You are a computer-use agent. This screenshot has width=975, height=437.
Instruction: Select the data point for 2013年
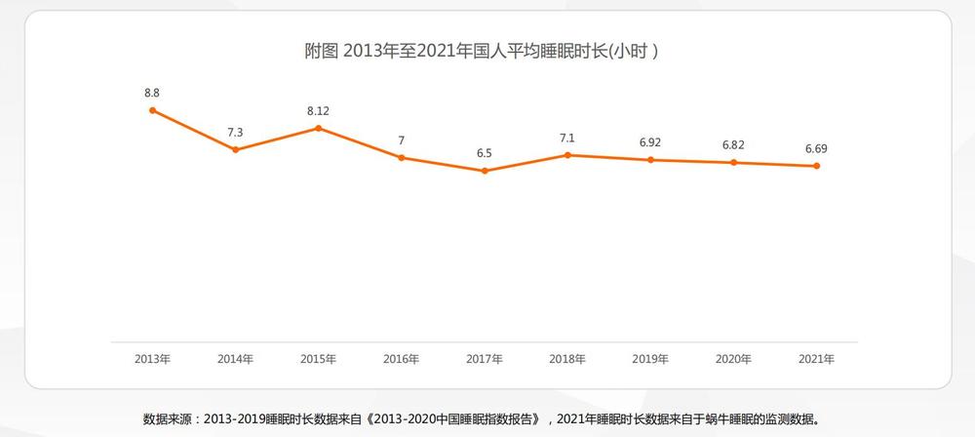click(x=152, y=110)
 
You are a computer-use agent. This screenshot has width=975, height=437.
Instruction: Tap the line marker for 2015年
click(x=318, y=128)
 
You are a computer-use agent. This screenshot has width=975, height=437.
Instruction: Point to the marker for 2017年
click(x=485, y=171)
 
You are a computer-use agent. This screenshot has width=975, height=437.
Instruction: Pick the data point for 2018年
click(x=567, y=155)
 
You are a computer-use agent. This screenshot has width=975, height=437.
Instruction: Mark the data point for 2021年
click(x=816, y=166)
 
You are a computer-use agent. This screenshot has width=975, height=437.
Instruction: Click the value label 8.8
click(x=152, y=93)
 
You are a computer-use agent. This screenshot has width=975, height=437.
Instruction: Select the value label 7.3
click(x=235, y=132)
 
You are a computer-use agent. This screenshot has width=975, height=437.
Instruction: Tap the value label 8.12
click(x=318, y=110)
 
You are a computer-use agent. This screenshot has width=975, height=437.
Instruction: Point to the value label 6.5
click(x=485, y=153)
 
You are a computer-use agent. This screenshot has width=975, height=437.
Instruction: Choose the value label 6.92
click(x=650, y=142)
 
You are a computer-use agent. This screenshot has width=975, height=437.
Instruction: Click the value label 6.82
click(x=733, y=145)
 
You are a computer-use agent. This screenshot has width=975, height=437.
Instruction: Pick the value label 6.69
click(x=816, y=148)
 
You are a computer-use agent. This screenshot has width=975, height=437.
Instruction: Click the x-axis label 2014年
click(x=235, y=359)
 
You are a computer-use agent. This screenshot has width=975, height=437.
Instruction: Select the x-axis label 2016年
click(x=401, y=359)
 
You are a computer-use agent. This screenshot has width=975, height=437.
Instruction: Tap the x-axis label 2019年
click(x=650, y=359)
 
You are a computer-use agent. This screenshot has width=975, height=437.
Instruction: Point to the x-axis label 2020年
click(x=733, y=359)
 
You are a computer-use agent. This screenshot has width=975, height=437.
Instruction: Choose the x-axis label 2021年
click(x=816, y=359)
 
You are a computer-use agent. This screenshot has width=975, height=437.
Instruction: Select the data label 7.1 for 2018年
click(x=567, y=138)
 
